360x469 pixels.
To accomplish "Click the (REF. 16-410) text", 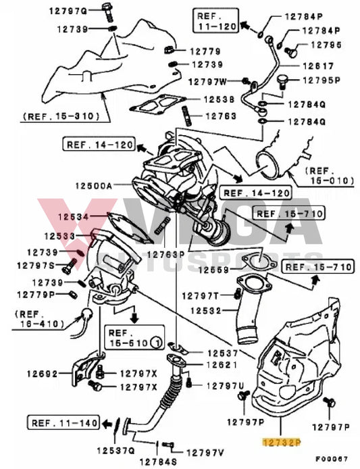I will coord(36,319).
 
